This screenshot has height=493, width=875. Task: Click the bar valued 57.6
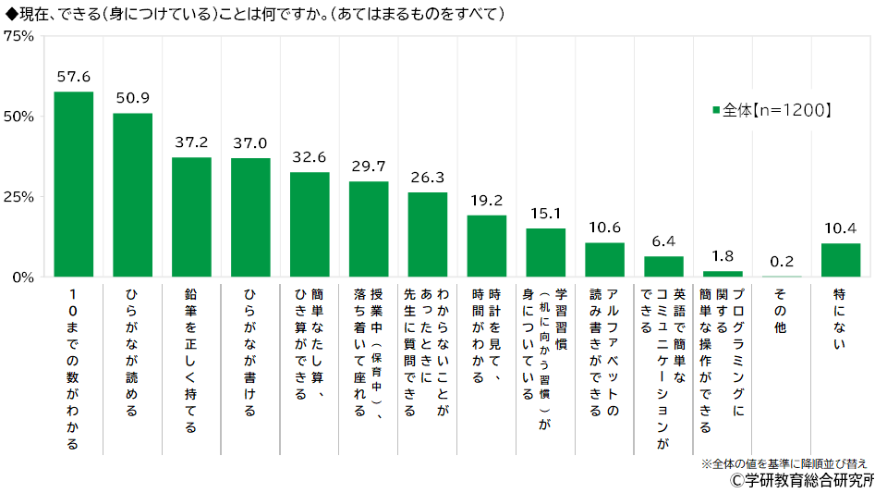coord(73,184)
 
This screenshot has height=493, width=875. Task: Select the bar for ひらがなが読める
coord(132,195)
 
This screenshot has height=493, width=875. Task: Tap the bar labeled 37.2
coord(191,216)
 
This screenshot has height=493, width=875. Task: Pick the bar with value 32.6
coord(310,224)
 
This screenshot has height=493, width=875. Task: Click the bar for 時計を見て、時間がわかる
coord(487,246)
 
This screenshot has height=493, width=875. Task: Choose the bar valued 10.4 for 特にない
coord(841,260)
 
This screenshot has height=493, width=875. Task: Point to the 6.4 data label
coord(663,241)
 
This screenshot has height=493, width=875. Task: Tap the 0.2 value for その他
coord(782,261)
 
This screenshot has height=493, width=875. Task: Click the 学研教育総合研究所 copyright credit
coord(800,481)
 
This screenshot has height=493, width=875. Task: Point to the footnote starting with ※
coord(784,462)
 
